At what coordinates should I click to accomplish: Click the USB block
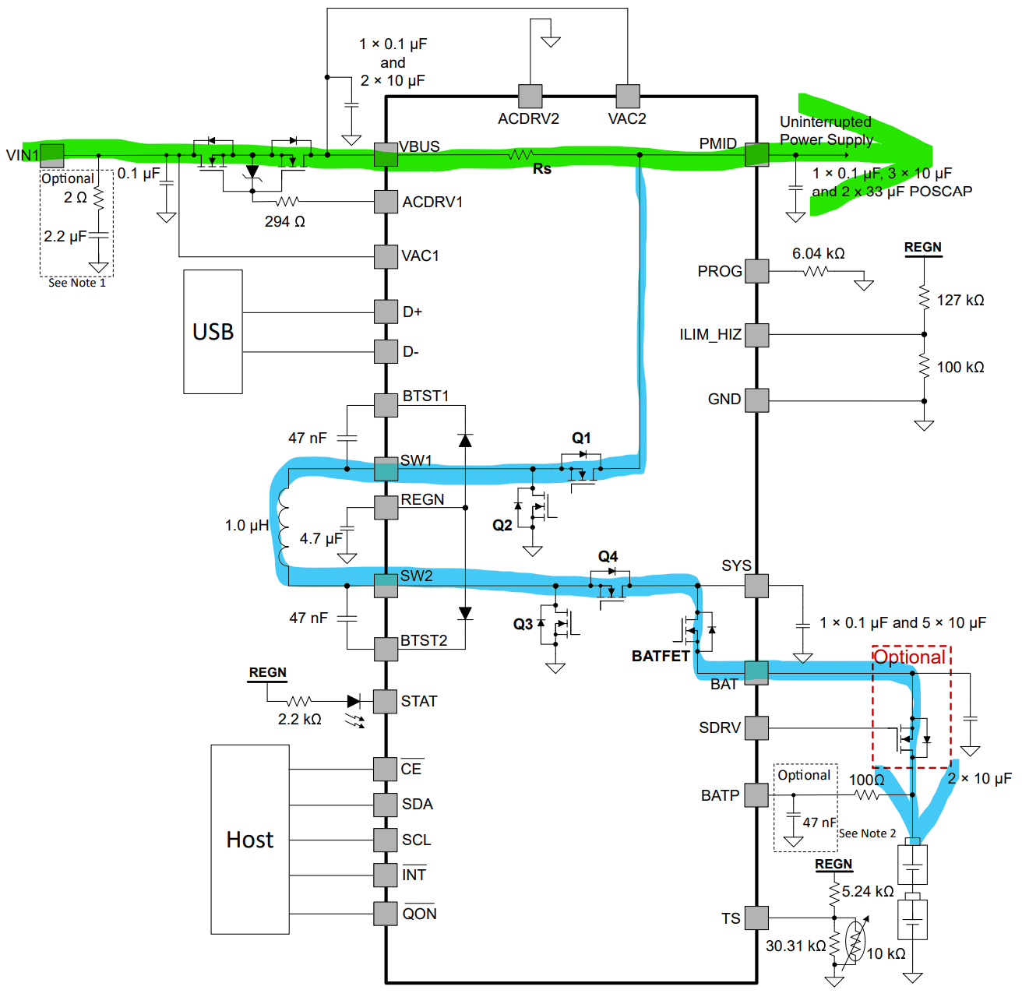click(x=213, y=332)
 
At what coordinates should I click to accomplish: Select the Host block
click(x=250, y=839)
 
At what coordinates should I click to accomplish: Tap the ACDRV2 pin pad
click(x=530, y=96)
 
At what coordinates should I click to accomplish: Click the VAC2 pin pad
click(x=628, y=96)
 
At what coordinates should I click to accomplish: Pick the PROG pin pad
click(x=757, y=271)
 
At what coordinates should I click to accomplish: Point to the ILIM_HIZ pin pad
click(x=757, y=335)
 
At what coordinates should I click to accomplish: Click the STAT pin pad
click(x=385, y=702)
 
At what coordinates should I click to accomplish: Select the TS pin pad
click(x=757, y=918)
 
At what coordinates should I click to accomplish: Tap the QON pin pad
click(x=385, y=914)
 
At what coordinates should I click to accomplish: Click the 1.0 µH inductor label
click(x=247, y=526)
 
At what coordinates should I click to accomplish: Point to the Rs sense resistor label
click(x=542, y=169)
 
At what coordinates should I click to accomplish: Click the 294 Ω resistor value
click(x=284, y=221)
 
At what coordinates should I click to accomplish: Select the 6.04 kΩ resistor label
click(x=818, y=254)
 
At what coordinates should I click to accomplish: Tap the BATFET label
click(x=660, y=657)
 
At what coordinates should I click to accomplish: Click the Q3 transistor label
click(x=523, y=624)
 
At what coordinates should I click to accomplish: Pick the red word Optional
click(x=910, y=657)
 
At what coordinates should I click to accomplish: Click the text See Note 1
click(x=77, y=283)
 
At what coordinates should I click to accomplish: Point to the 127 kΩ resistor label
click(x=960, y=301)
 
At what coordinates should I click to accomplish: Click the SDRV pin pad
click(x=757, y=728)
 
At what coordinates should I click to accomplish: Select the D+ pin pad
click(x=386, y=312)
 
